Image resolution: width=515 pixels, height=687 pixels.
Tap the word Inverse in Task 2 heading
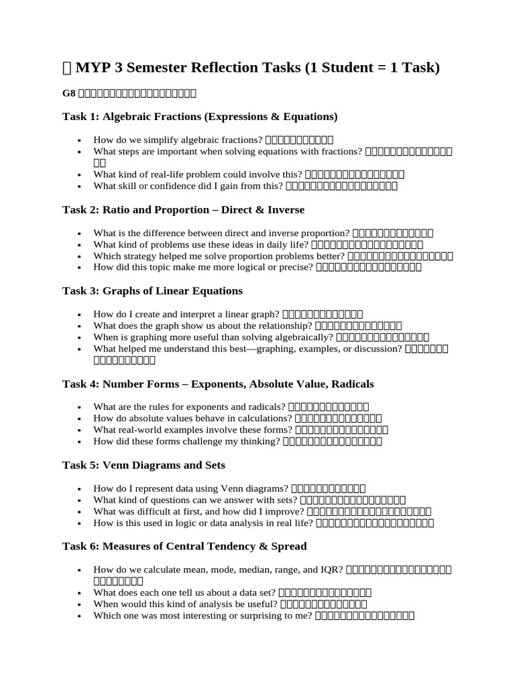click(286, 210)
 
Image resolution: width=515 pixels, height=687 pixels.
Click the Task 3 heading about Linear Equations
click(152, 291)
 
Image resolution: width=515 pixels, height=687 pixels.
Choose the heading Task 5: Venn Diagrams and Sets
click(144, 465)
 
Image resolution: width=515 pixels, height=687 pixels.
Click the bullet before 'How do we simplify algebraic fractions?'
click(80, 141)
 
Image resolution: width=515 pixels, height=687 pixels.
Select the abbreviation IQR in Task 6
click(333, 570)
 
